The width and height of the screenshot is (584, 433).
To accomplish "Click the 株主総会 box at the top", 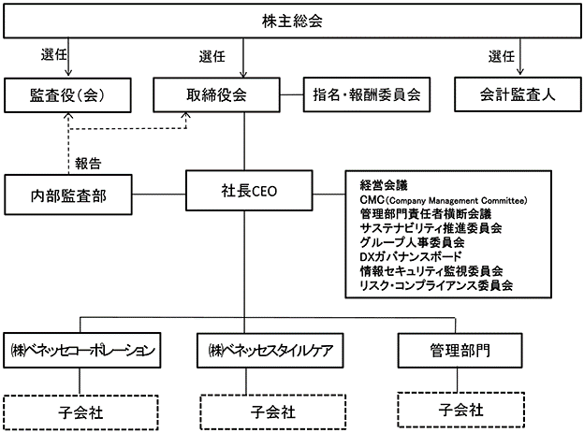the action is coord(292,21).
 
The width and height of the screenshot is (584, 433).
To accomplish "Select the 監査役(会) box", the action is coord(67,95).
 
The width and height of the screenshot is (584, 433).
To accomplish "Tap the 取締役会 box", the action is coord(216,94).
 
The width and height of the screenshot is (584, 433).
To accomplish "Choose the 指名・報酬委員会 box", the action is coord(367,94).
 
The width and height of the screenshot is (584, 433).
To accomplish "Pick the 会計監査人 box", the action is coord(518,94).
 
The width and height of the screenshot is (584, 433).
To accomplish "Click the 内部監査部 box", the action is coord(68,195).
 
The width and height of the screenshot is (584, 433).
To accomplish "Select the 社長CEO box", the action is coord(249,191).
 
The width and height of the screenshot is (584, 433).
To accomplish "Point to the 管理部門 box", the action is coord(460,351).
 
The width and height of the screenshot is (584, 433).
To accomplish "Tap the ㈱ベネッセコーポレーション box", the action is coord(82,351).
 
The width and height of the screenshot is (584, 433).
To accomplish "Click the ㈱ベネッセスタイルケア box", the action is coord(270,351).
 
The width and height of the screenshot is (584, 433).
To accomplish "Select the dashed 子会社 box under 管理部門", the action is coord(461,410).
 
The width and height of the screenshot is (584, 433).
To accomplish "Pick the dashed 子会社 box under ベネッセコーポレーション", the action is coord(80,412).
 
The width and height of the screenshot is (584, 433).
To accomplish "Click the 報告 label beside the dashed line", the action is coord(88,164).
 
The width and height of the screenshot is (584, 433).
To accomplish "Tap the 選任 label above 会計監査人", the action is coord(502,57).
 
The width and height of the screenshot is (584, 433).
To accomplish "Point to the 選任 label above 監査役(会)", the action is coord(54,54).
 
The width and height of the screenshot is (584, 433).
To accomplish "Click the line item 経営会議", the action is coord(384,185).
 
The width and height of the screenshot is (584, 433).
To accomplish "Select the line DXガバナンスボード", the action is coord(411,256).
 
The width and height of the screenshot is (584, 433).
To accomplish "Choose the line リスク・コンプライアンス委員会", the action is coord(436,285).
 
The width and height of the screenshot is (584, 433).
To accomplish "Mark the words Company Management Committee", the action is coord(457,201).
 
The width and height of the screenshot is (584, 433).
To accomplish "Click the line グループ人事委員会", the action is coord(412,242).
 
